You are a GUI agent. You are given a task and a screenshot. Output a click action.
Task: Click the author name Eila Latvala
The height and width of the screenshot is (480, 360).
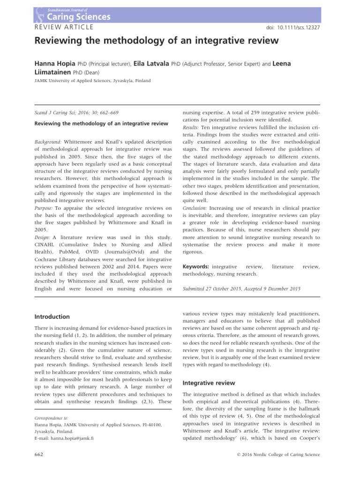(151, 63)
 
